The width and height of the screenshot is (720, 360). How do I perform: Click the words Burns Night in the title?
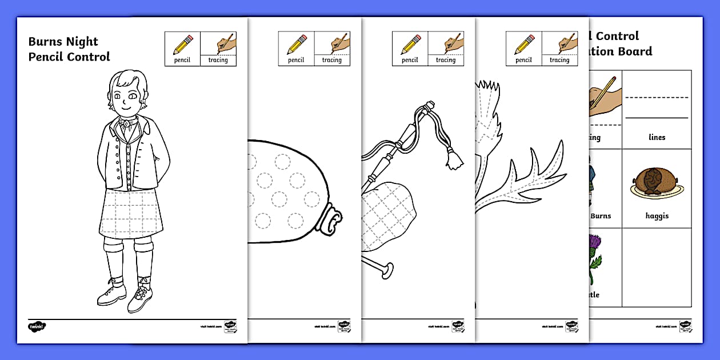[63, 42]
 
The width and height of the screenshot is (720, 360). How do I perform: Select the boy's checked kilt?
[131, 214]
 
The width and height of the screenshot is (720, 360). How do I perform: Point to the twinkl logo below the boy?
[37, 327]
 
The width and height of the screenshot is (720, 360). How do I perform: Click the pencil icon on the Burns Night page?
[183, 45]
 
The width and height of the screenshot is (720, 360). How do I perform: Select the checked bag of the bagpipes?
[389, 214]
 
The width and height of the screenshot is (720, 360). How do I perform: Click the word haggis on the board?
[657, 216]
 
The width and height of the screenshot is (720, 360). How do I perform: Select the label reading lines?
[657, 137]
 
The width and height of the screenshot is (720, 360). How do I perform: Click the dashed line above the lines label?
[657, 98]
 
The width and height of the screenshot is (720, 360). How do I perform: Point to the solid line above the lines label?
[657, 118]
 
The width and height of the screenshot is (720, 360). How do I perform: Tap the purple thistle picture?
[594, 257]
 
